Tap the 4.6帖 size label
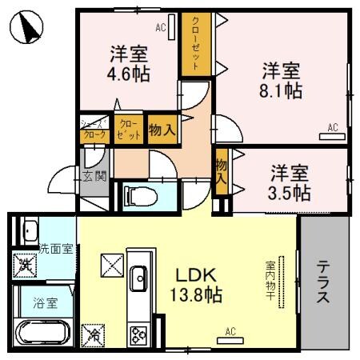click(x=127, y=73)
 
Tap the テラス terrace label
click(x=323, y=285)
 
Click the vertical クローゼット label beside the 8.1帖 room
click(x=194, y=45)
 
